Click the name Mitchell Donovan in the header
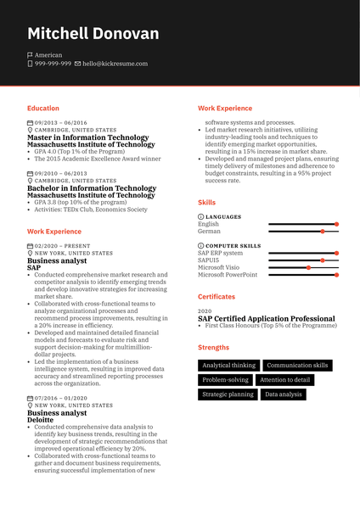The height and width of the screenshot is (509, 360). (93, 34)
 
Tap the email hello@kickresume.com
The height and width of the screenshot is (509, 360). (115, 64)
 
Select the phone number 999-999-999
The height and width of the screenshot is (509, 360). (53, 64)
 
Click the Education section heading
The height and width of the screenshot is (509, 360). (43, 109)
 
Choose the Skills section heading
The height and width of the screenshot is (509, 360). (206, 203)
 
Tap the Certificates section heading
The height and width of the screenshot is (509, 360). (217, 297)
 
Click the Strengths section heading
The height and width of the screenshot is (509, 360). (213, 347)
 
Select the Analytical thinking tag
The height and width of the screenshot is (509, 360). (228, 366)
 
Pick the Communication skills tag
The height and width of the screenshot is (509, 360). (297, 366)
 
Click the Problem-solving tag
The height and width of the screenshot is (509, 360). (226, 380)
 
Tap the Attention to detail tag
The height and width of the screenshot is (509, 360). (285, 380)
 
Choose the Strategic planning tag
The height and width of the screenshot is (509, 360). (228, 394)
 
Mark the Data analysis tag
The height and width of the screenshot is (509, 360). (283, 394)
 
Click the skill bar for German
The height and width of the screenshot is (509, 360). (303, 231)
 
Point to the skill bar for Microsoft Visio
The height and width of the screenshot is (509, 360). (303, 267)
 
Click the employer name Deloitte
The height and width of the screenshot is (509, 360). (40, 420)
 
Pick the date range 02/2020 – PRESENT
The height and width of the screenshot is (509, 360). (62, 245)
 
